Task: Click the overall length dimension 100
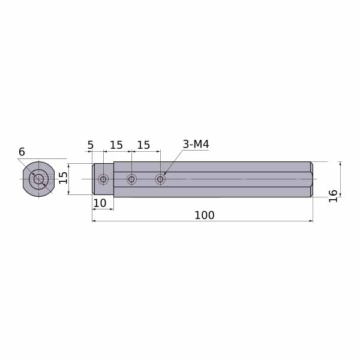(205, 215)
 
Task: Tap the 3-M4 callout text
(196, 145)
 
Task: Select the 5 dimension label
(91, 145)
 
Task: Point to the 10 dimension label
(100, 203)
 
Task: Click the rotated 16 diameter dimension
(333, 196)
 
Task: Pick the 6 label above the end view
(22, 152)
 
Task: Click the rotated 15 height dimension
(63, 178)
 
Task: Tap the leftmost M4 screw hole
(103, 179)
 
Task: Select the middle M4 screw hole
(131, 179)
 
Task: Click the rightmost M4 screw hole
(160, 179)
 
